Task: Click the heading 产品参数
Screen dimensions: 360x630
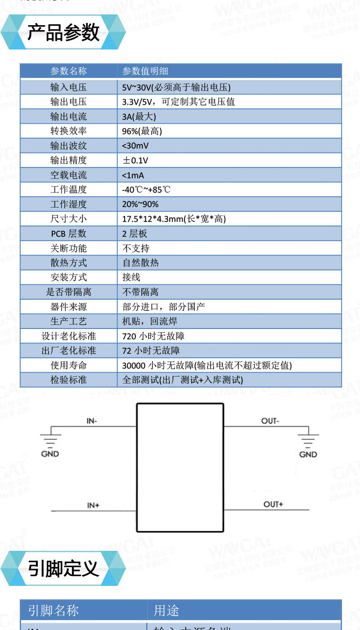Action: tap(63, 32)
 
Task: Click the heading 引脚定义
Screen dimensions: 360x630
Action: tap(63, 568)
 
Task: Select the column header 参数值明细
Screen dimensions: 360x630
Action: tap(145, 71)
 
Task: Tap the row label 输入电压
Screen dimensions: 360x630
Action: tap(68, 87)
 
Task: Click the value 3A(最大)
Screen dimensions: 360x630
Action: tap(139, 117)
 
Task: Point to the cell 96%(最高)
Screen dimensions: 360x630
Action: tap(142, 131)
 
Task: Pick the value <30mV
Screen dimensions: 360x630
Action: tap(135, 146)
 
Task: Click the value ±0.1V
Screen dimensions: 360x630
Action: tap(135, 160)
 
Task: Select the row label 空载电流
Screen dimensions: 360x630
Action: tap(68, 175)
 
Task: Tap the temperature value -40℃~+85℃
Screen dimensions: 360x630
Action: tap(146, 189)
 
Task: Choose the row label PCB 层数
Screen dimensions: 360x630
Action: tap(68, 234)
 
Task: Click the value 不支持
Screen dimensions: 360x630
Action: tap(136, 248)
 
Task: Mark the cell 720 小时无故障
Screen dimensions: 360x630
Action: tap(153, 336)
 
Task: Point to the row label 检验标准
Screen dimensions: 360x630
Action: tap(68, 380)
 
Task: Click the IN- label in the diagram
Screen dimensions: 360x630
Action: tap(92, 421)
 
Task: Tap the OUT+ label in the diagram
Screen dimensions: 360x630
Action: tap(273, 504)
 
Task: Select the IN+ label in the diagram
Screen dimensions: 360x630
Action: tap(93, 505)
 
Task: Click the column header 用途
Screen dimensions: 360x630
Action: tap(166, 611)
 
